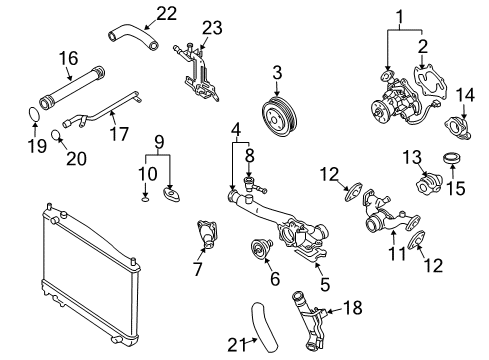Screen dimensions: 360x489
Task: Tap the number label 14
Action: pos(465,94)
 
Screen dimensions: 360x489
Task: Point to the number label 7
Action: pos(197,269)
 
